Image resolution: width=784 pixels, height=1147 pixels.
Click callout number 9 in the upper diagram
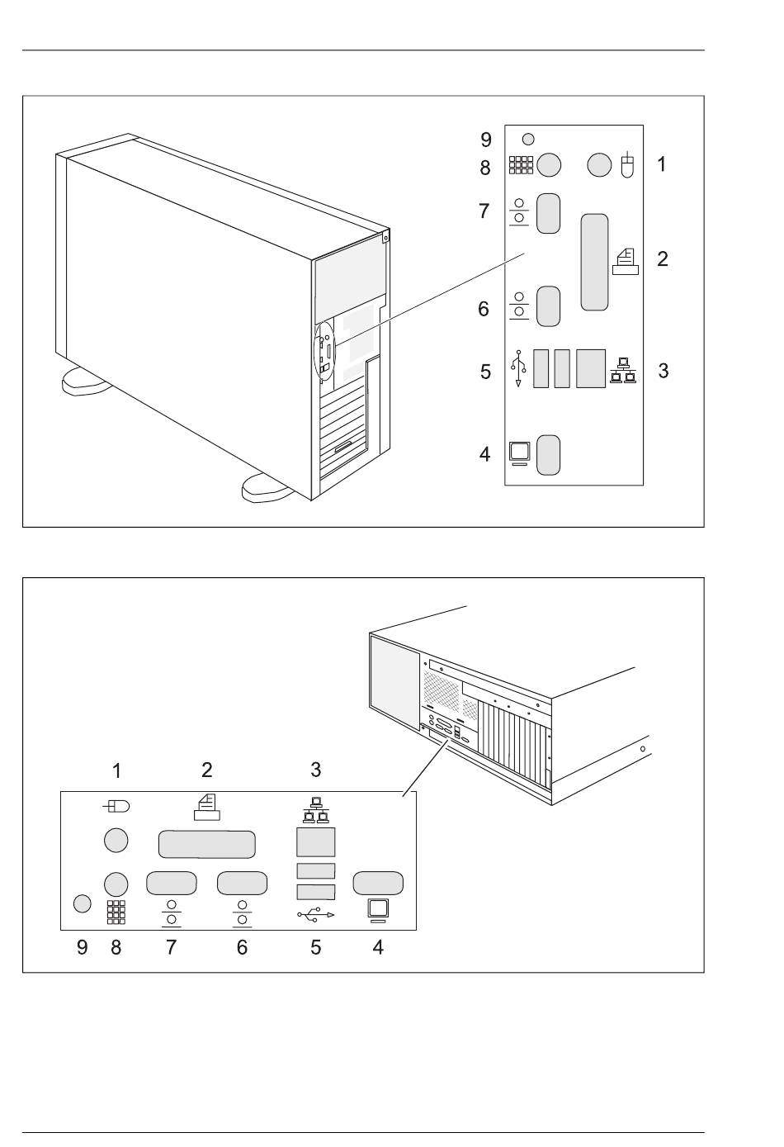pos(486,140)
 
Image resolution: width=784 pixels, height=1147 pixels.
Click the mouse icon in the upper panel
pos(627,165)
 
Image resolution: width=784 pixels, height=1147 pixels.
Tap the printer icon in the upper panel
pos(626,260)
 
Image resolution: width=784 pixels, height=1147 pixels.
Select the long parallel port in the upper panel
pos(594,263)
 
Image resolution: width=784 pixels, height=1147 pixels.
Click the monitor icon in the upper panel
pos(519,453)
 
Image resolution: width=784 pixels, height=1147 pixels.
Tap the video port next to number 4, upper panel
pos(549,455)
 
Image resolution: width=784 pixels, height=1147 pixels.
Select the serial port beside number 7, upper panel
pos(549,214)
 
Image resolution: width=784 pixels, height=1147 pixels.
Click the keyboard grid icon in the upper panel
pos(520,165)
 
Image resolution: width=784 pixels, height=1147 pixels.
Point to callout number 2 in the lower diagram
pos(207,770)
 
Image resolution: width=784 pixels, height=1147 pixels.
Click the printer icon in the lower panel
pos(207,806)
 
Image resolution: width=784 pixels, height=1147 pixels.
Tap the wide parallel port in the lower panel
pos(205,845)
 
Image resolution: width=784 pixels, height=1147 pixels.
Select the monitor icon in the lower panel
pos(378,910)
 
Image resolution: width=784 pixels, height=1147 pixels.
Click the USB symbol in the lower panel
pos(315,914)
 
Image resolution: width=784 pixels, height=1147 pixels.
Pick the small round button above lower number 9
pos(82,903)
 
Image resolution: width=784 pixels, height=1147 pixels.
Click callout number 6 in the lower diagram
pos(242,947)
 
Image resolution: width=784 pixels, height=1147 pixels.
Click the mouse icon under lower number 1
pos(116,805)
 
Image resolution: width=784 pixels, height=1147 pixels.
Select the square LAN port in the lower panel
pos(315,842)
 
